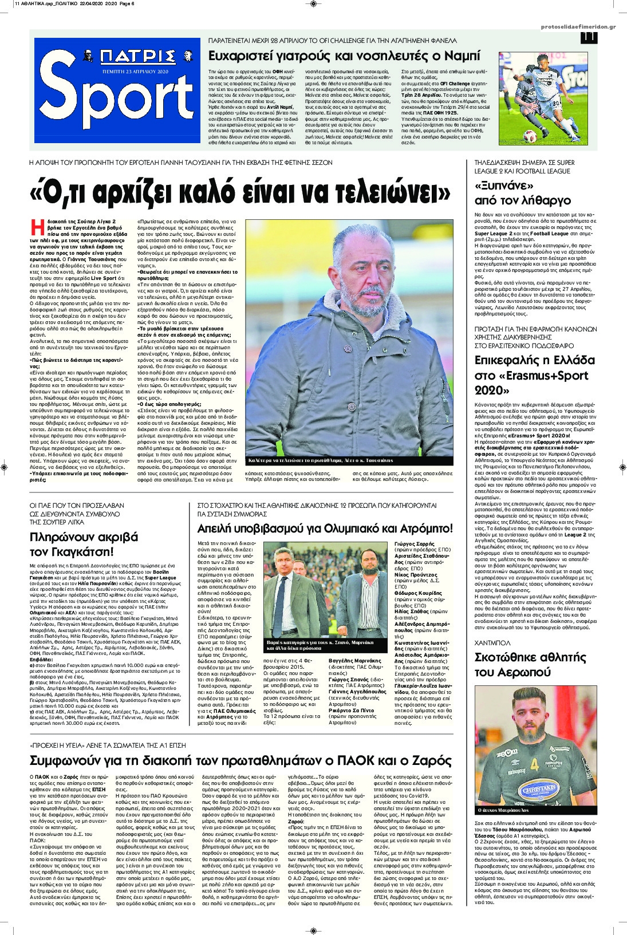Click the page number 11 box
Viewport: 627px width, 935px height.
[588, 37]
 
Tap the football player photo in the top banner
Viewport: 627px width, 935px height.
[553, 106]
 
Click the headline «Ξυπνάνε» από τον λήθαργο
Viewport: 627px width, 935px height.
[523, 194]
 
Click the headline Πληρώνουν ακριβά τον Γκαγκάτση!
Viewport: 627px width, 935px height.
[84, 544]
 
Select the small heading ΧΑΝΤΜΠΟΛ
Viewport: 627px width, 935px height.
[491, 643]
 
